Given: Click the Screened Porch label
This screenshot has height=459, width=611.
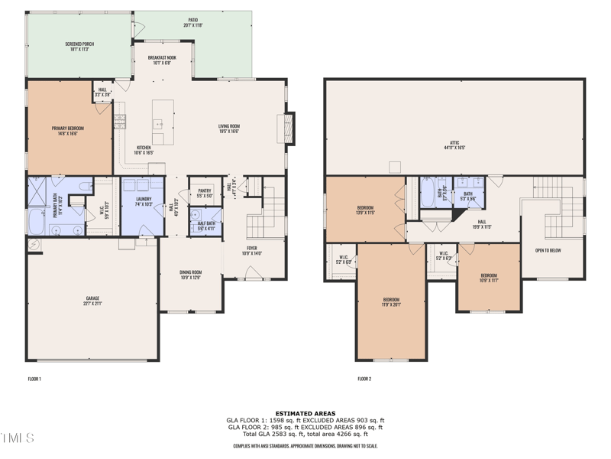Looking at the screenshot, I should (x=79, y=46).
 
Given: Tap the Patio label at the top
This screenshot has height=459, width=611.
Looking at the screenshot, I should (x=192, y=23).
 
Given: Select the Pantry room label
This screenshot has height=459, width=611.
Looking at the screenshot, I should (x=204, y=193).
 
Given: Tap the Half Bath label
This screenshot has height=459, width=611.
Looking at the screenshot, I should (x=206, y=225).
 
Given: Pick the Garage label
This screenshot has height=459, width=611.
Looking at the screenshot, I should (x=92, y=300).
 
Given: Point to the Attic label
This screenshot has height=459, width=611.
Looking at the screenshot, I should (x=454, y=145).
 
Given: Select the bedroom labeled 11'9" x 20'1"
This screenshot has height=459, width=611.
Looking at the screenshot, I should (x=390, y=301).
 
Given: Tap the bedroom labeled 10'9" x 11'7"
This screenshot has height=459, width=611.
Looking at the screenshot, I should (x=489, y=277).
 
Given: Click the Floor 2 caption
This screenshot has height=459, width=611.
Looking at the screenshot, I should (x=364, y=379).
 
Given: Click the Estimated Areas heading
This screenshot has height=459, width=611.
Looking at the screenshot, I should (x=305, y=413).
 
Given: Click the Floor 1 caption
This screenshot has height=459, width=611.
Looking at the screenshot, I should (x=34, y=379).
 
